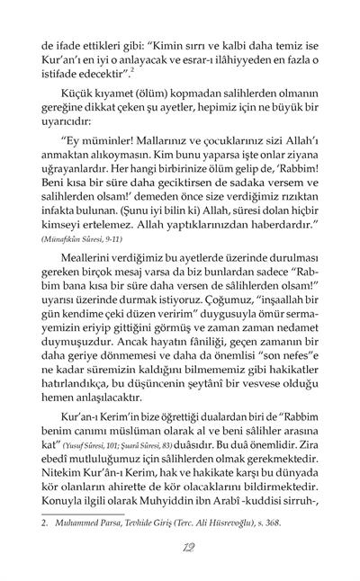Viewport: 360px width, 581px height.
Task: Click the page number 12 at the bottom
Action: (180, 550)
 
